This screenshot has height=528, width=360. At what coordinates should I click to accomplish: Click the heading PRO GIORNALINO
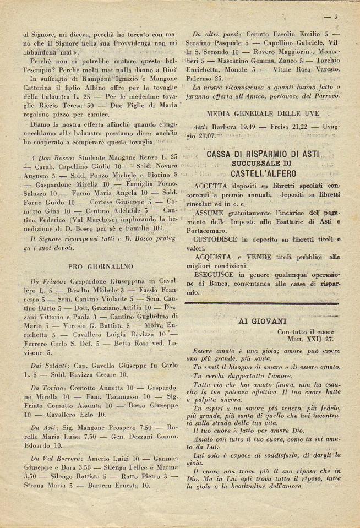(99, 266)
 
